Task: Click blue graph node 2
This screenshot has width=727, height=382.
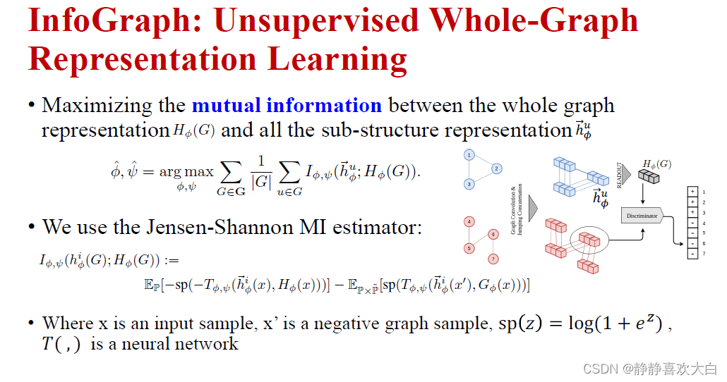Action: tap(496, 168)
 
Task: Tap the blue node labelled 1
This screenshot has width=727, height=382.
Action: tap(469, 155)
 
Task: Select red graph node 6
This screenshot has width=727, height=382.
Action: tap(493, 234)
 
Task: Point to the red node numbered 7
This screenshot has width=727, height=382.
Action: tap(493, 259)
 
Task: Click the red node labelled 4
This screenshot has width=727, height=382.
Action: tap(469, 222)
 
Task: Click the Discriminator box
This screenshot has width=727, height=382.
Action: tap(642, 216)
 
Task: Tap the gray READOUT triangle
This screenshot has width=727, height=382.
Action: tap(626, 174)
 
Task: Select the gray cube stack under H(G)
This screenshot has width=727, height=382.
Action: tap(649, 176)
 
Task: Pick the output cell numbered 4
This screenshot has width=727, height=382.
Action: tap(692, 223)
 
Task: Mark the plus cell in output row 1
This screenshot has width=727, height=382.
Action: tap(692, 191)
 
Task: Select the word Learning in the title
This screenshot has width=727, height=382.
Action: tap(337, 60)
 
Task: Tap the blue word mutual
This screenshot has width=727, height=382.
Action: tap(227, 105)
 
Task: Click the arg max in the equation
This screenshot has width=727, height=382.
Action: tap(186, 172)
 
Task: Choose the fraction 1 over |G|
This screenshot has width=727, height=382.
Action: tap(261, 173)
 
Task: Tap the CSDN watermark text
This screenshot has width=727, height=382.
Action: tap(650, 369)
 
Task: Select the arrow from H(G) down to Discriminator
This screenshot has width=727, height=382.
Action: tap(642, 195)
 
